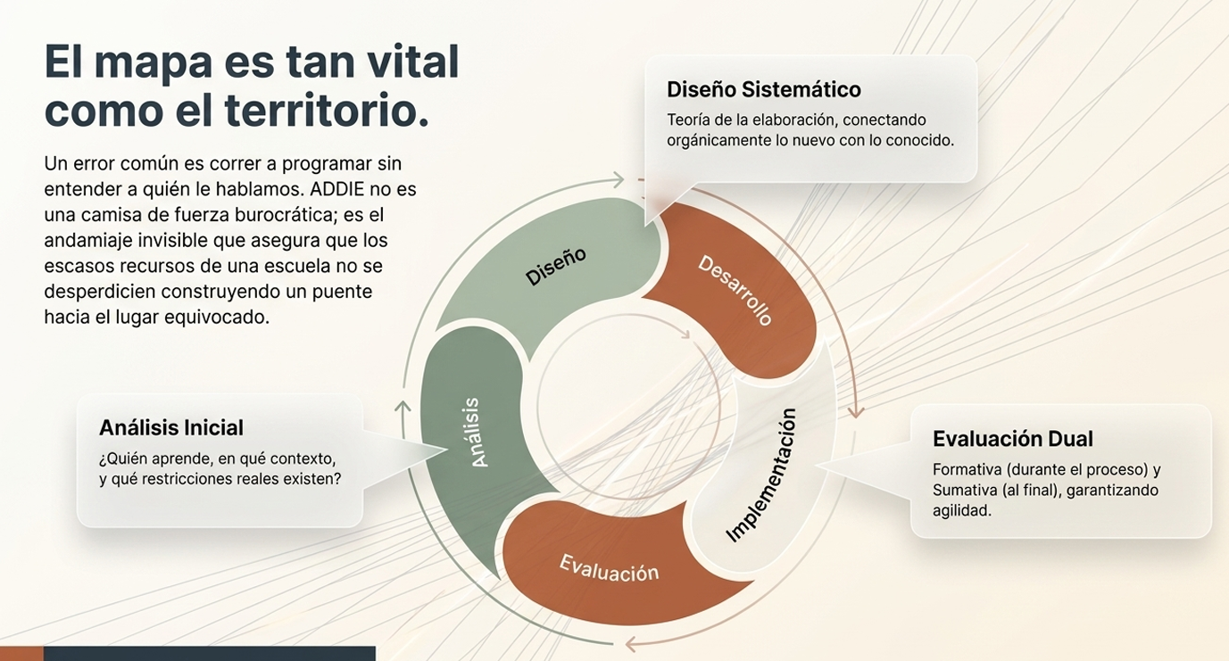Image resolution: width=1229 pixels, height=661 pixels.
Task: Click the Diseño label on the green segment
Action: [x=556, y=266]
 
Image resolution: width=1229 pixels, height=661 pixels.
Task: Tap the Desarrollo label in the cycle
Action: [x=735, y=290]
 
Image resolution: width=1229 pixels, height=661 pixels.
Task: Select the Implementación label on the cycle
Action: [x=761, y=475]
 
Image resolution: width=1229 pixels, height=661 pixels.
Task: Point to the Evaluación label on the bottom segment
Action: [x=609, y=569]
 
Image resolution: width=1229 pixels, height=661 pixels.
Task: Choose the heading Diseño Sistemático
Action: [x=764, y=89]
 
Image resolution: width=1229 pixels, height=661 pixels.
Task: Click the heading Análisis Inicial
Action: [x=171, y=428]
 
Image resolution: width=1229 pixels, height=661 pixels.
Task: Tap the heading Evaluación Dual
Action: [x=1013, y=439]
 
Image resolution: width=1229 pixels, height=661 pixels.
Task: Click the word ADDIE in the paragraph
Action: [x=336, y=189]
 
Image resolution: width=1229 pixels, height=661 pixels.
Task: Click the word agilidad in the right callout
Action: [x=962, y=511]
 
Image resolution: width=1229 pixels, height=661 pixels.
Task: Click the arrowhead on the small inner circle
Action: [x=685, y=333]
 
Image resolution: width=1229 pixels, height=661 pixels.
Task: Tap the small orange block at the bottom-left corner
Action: [x=21, y=653]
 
